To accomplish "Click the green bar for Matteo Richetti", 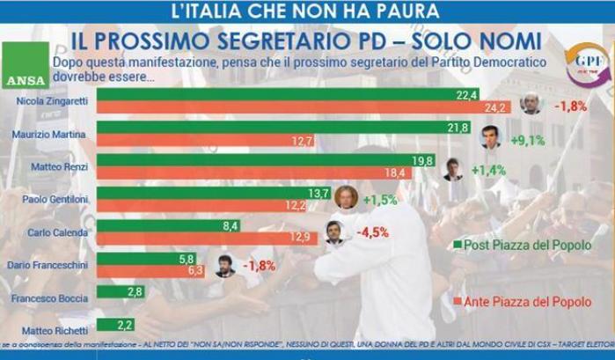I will [110, 323].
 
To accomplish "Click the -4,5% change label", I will [373, 234].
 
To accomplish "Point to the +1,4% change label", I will [488, 170].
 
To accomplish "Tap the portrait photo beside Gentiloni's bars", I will [346, 197].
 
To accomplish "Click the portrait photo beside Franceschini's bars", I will [225, 266].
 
